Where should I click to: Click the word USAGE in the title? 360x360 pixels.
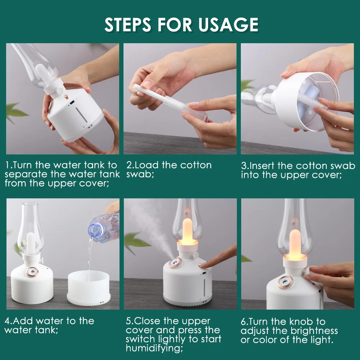229,24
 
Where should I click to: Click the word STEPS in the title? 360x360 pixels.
128,24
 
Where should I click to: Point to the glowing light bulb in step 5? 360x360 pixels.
187,230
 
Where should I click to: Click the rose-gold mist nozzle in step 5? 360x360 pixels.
175,263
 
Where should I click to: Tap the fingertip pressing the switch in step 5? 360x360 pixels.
203,265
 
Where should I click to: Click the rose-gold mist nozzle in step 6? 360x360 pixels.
285,282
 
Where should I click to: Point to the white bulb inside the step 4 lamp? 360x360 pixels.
31,243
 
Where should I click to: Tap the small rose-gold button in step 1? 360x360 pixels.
66,97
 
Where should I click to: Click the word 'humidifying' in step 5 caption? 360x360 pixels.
154,348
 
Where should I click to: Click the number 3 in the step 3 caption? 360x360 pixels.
244,166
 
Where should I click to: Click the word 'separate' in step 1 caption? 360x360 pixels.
27,175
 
